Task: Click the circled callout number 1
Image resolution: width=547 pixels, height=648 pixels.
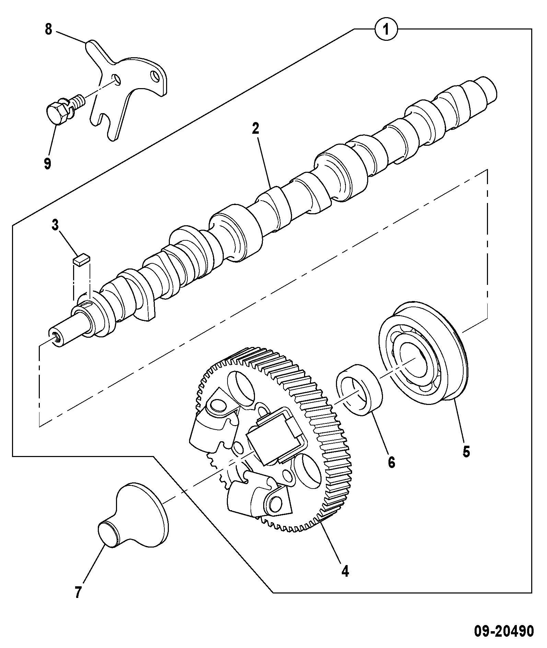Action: (386, 29)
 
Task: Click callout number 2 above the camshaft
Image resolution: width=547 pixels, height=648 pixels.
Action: (255, 129)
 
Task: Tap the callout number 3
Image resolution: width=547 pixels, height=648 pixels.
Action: (55, 225)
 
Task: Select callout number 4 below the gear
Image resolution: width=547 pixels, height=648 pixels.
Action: (345, 571)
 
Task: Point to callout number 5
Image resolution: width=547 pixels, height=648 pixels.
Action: (466, 452)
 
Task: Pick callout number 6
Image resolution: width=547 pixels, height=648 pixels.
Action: (392, 462)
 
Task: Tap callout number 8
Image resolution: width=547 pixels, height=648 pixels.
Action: (48, 29)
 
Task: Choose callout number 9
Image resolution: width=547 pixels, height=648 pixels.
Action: (47, 163)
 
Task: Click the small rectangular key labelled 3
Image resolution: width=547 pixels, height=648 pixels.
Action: (81, 259)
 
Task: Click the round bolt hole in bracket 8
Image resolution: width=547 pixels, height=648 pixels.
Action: (117, 79)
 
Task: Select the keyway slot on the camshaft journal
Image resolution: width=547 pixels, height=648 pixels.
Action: (86, 302)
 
